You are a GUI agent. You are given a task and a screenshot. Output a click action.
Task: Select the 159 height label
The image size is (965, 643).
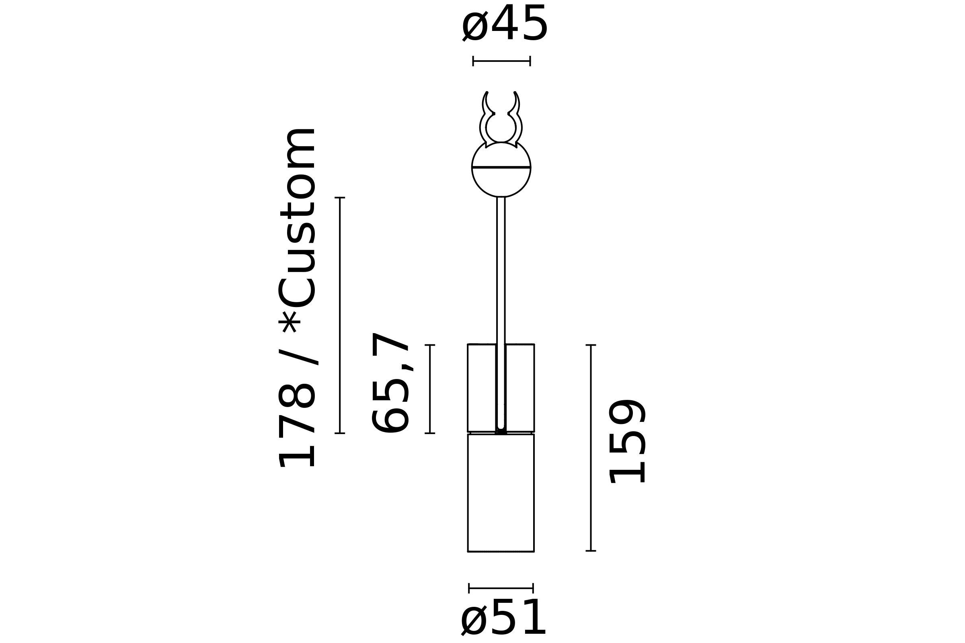(627, 441)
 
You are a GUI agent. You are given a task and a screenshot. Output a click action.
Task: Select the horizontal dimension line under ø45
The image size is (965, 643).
(501, 61)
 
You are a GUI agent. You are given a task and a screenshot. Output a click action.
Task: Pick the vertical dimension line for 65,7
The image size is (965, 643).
(430, 389)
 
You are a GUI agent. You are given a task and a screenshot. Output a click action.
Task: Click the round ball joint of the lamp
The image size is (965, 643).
(501, 180)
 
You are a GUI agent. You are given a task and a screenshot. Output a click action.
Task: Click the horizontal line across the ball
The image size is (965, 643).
(501, 167)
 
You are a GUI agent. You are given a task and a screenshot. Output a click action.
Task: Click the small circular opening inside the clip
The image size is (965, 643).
(501, 128)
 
